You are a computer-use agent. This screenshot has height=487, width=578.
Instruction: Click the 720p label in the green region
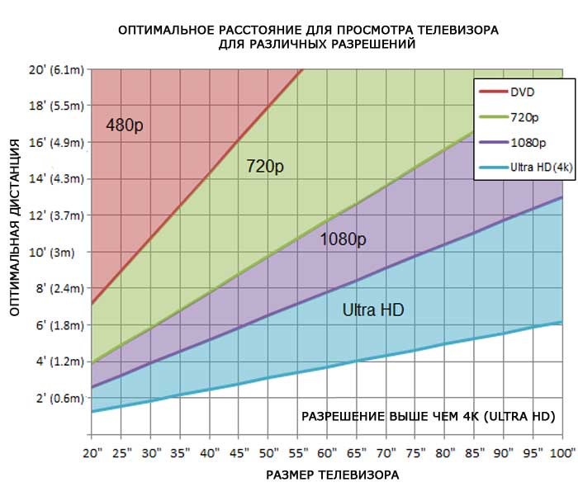click(x=265, y=167)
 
